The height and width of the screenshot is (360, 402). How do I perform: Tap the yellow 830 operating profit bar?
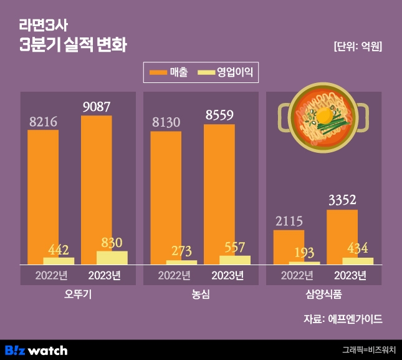pyautogui.click(x=112, y=258)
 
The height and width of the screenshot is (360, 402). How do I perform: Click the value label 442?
pyautogui.click(x=58, y=249)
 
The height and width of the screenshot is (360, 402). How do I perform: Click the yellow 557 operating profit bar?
pyautogui.click(x=235, y=260)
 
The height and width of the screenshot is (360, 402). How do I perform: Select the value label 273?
pyautogui.click(x=181, y=251)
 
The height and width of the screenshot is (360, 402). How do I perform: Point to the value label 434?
pyautogui.click(x=358, y=248)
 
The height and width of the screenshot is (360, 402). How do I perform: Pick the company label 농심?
pyautogui.click(x=201, y=294)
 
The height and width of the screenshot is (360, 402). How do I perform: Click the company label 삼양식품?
pyautogui.click(x=324, y=294)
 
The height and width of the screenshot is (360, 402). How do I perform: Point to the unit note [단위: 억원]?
pyautogui.click(x=358, y=47)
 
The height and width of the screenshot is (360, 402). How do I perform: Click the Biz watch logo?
pyautogui.click(x=36, y=350)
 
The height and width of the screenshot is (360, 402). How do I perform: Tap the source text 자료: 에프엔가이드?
pyautogui.click(x=343, y=319)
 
